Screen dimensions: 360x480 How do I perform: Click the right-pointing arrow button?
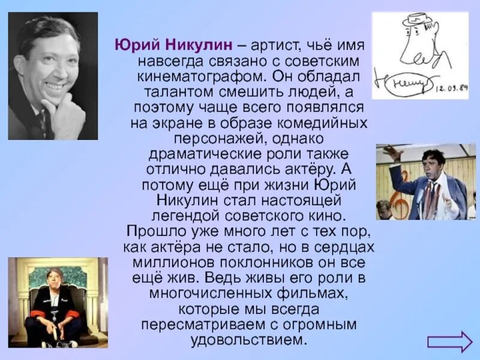[449, 341]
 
